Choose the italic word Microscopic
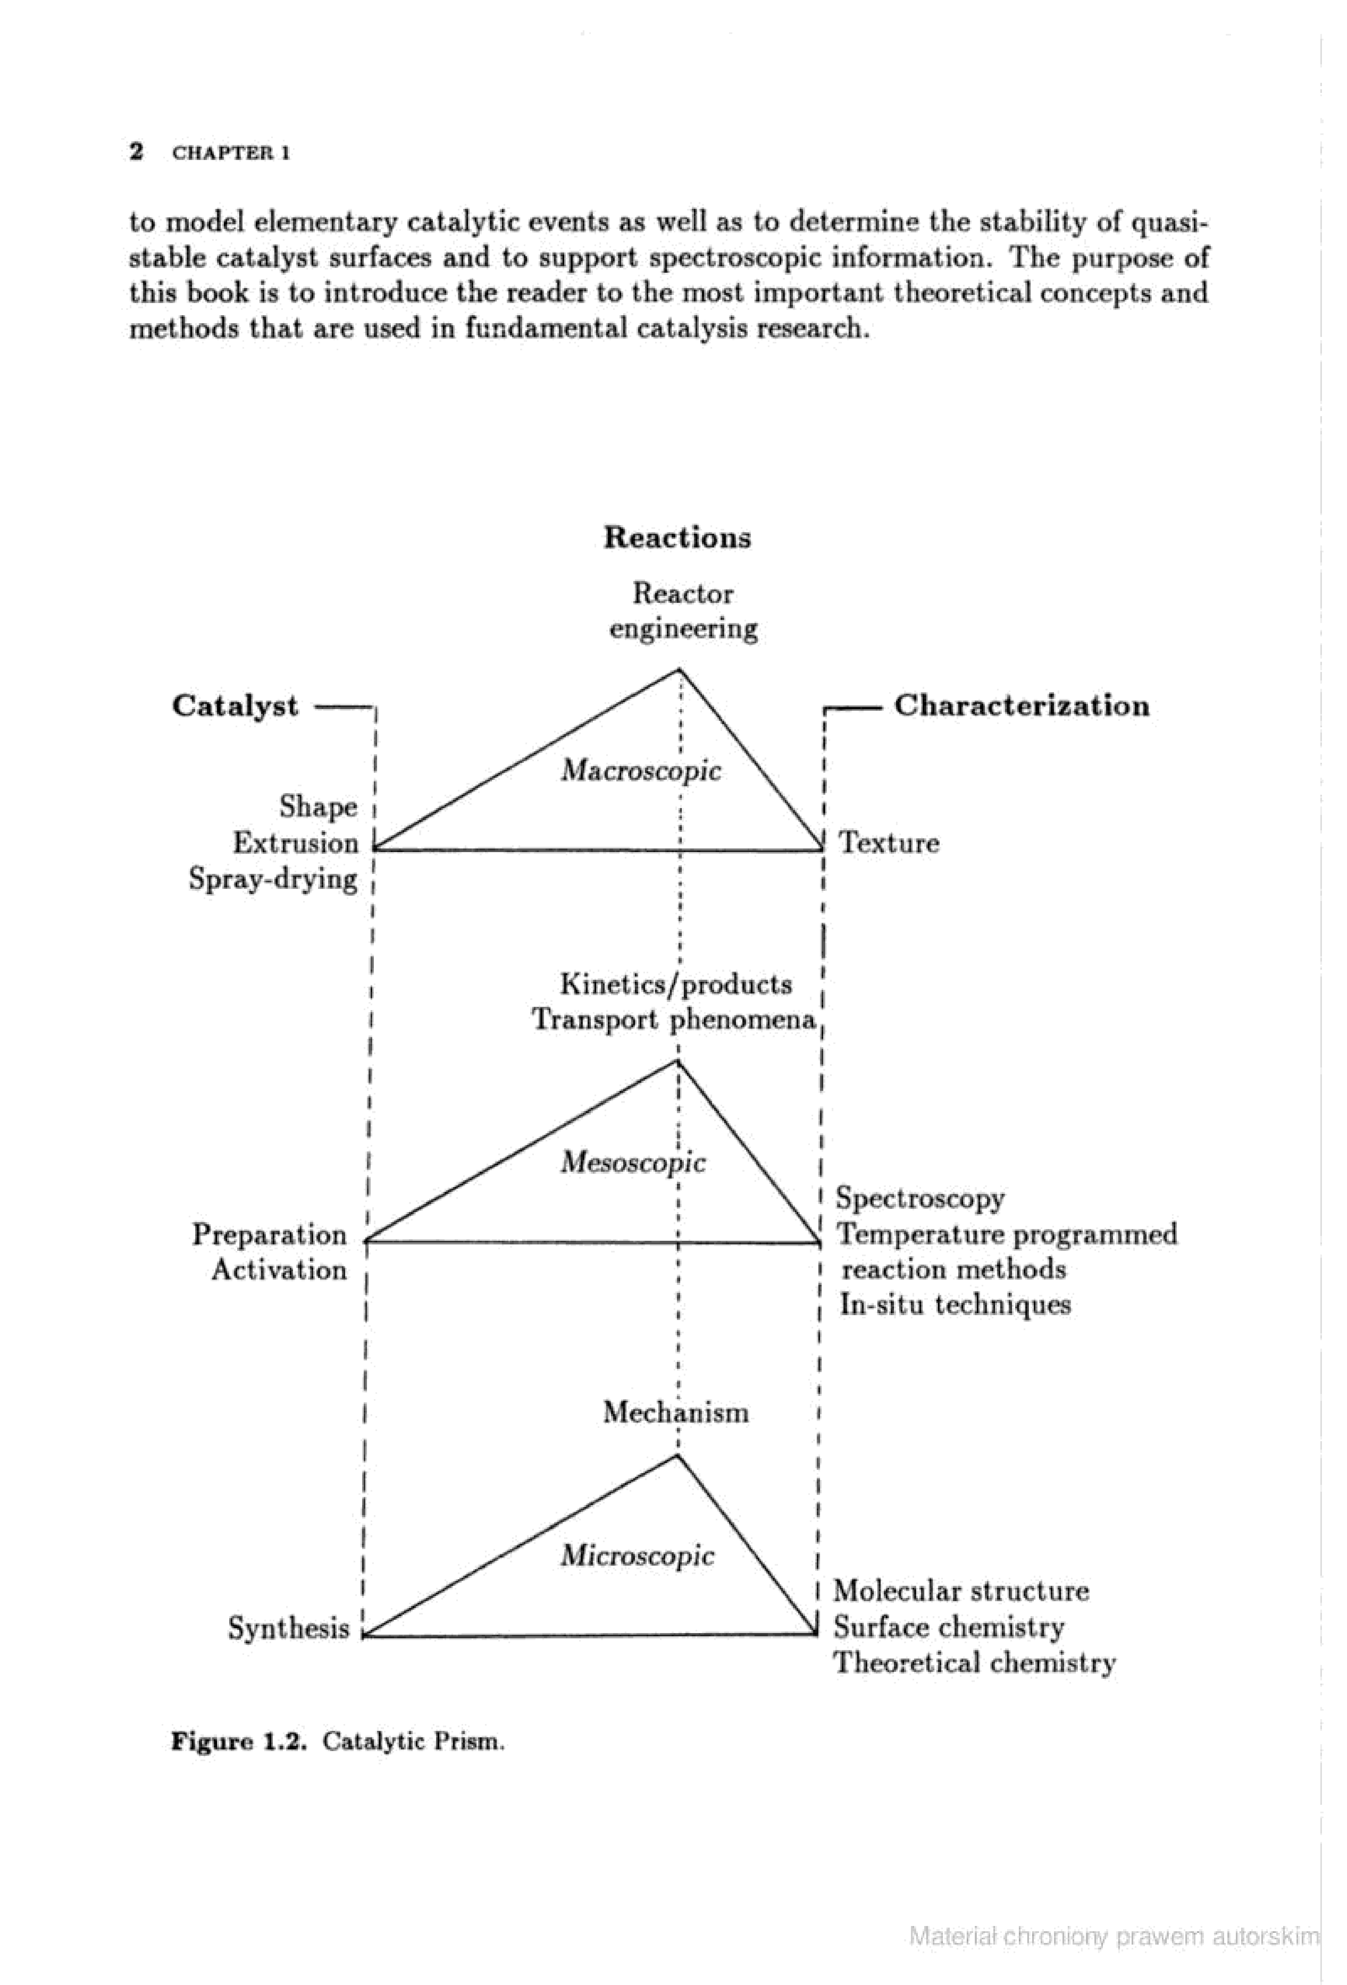tap(637, 1556)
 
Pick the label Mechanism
tap(676, 1412)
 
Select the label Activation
tap(279, 1270)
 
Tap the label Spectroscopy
tap(920, 1198)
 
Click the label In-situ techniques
tap(955, 1305)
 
